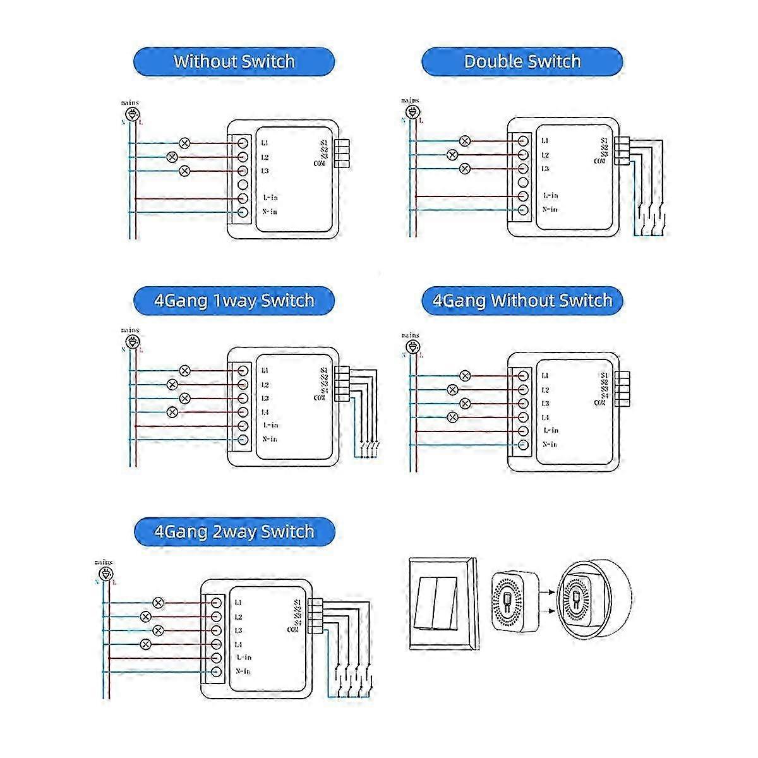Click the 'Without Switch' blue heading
(234, 62)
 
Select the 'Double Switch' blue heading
(522, 62)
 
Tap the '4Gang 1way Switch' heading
(234, 300)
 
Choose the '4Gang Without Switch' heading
(522, 300)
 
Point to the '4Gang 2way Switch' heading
(234, 532)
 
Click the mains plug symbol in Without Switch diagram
(131, 114)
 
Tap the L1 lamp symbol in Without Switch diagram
(185, 142)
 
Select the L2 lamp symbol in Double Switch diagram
(452, 155)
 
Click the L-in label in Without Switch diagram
(270, 198)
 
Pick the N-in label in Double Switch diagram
(550, 209)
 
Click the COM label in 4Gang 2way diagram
(292, 629)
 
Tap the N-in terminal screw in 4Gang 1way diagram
(242, 440)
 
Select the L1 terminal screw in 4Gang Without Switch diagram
(523, 376)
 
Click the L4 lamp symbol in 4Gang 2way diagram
(146, 644)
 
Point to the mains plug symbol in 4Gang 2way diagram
(105, 574)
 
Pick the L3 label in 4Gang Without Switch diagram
(545, 404)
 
